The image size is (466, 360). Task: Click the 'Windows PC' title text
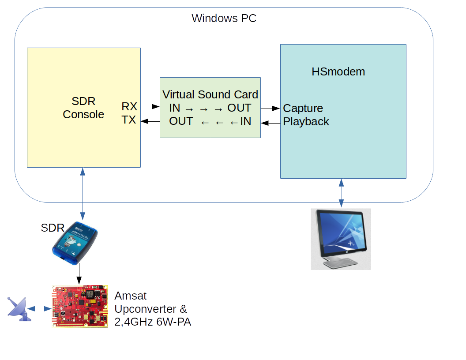(x=224, y=19)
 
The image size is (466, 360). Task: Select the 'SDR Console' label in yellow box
(x=83, y=108)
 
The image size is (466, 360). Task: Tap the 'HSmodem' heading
(x=338, y=71)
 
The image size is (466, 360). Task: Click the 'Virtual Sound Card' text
(x=210, y=94)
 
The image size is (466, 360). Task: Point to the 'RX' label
(x=129, y=106)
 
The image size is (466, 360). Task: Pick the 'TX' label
(x=129, y=120)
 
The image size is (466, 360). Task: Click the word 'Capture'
(x=303, y=108)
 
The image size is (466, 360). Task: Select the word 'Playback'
(x=306, y=121)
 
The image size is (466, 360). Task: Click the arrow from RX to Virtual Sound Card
(x=150, y=106)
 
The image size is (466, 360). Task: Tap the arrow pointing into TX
(x=150, y=121)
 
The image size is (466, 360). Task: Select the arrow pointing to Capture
(x=270, y=108)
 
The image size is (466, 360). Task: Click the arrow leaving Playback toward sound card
(x=270, y=123)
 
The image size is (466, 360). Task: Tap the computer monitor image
(x=341, y=239)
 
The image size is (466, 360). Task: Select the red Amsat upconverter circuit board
(x=80, y=306)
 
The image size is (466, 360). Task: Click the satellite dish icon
(x=18, y=308)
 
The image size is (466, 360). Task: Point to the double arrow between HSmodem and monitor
(x=341, y=193)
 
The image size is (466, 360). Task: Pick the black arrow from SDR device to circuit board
(x=79, y=274)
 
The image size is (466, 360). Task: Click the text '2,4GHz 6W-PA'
(x=153, y=322)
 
